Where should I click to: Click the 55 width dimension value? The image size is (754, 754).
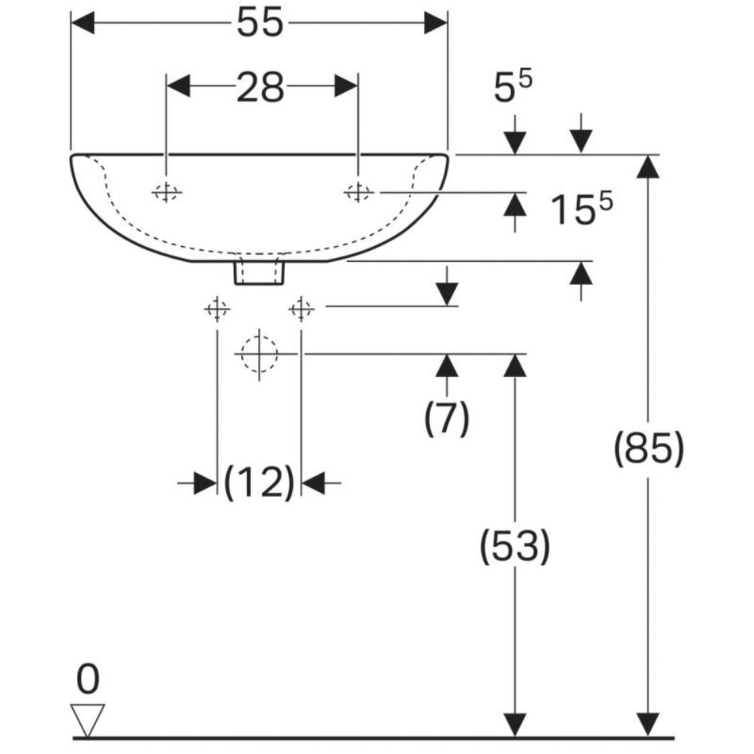pyautogui.click(x=260, y=22)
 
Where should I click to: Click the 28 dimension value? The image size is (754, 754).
pyautogui.click(x=260, y=87)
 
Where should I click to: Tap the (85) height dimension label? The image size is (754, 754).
pyautogui.click(x=648, y=448)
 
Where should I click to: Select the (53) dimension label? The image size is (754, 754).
pyautogui.click(x=514, y=546)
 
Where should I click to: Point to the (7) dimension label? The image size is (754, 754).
pyautogui.click(x=447, y=417)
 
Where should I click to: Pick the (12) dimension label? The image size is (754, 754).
pyautogui.click(x=260, y=483)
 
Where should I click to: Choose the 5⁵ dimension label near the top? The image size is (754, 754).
pyautogui.click(x=513, y=87)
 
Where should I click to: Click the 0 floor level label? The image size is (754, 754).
pyautogui.click(x=88, y=679)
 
